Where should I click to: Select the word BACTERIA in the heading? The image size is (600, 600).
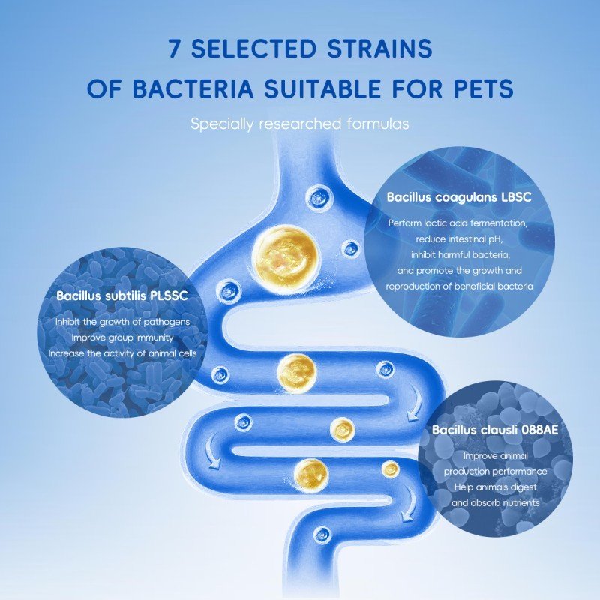coord(202,89)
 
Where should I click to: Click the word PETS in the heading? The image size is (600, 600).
coord(478,89)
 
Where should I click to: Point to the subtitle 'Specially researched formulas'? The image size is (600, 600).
coord(300,124)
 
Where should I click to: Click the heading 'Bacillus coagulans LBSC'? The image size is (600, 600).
coord(460,198)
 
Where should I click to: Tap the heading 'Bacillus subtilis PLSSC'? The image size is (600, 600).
coord(121,295)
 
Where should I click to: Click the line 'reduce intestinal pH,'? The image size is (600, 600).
coord(459,239)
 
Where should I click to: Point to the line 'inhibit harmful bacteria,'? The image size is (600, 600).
coord(459,255)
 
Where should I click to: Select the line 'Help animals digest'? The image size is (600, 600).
coord(495,487)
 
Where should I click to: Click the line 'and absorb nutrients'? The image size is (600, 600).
coord(495,502)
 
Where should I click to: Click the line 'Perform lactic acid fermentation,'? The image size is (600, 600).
coord(459,223)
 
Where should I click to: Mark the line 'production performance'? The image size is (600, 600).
coord(495,472)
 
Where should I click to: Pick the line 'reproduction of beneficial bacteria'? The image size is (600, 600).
coord(459,286)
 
